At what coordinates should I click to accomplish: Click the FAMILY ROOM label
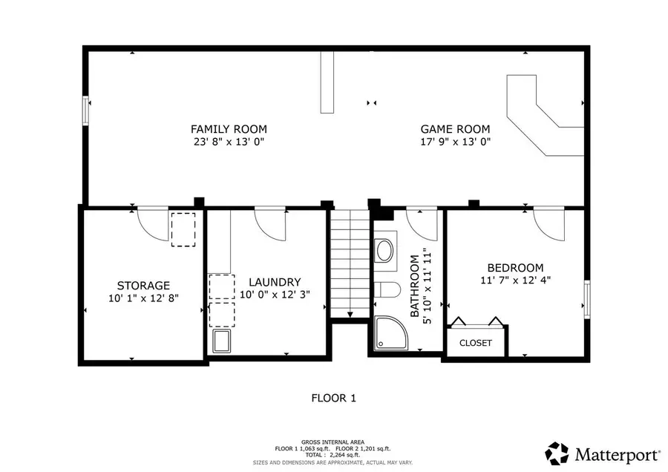(229, 129)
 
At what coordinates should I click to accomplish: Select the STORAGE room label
(143, 285)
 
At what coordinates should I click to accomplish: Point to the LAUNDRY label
(275, 282)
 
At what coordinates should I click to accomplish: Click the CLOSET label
(475, 343)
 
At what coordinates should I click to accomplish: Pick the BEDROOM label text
(515, 268)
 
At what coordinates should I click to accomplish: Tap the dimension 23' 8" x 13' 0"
(229, 141)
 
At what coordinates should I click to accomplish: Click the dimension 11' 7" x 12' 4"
(515, 280)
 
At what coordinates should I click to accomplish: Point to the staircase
(349, 263)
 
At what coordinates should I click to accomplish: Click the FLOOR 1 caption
(333, 398)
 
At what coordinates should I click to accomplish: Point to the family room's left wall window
(85, 111)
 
